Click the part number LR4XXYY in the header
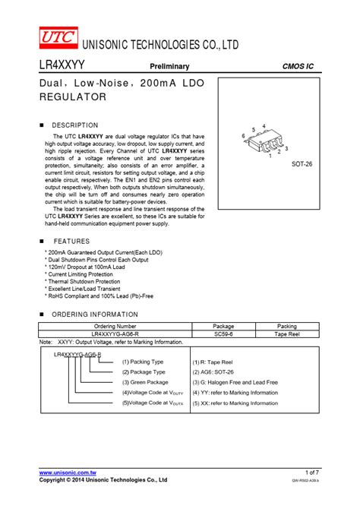(63, 67)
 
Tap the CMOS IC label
(298, 68)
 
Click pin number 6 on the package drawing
(244, 136)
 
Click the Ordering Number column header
(113, 325)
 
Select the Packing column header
(286, 325)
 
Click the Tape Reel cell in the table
(286, 334)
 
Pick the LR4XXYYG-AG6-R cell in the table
(113, 334)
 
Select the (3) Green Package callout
(145, 382)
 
